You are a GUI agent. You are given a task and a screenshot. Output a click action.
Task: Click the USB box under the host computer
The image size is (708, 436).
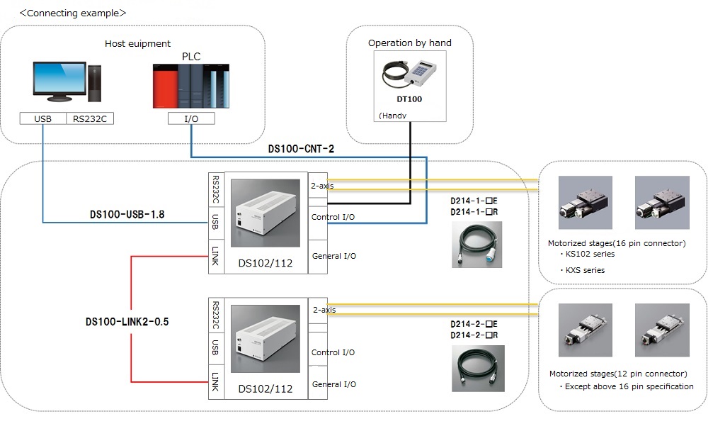click(43, 118)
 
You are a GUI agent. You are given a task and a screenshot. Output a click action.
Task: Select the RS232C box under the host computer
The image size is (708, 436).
click(90, 118)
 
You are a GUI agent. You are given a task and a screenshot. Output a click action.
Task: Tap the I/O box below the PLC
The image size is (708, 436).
click(191, 118)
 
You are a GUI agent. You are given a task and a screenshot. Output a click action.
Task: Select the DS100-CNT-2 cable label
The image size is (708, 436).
click(301, 150)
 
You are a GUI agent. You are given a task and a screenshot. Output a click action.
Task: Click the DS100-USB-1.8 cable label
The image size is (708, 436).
click(127, 214)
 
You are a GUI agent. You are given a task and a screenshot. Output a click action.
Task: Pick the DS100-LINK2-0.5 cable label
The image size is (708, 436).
click(127, 321)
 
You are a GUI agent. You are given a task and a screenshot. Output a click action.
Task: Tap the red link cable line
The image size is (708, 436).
click(132, 319)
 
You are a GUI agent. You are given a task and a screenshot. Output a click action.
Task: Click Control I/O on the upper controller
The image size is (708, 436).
click(333, 217)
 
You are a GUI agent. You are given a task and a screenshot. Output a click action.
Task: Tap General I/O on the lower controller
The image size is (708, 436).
click(334, 384)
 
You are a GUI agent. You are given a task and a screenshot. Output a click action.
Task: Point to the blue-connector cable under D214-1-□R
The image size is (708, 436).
click(477, 244)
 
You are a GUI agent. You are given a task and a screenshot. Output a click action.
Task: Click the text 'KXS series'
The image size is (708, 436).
click(585, 270)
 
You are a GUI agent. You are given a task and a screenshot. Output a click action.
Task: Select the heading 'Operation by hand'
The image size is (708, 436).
click(409, 43)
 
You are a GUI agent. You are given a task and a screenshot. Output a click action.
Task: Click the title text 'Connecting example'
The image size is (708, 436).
click(73, 13)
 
